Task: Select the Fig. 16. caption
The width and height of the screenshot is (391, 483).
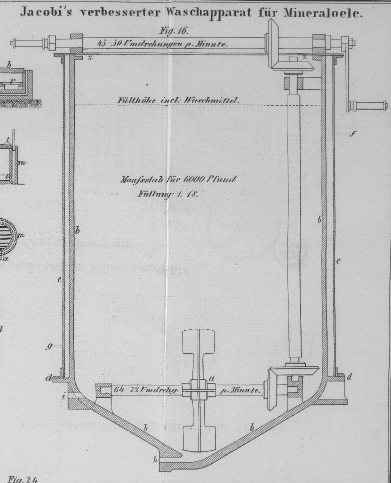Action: pos(173,31)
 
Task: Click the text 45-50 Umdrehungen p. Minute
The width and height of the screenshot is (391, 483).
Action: pos(162,44)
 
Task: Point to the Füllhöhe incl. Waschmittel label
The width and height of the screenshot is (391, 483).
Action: pos(178,100)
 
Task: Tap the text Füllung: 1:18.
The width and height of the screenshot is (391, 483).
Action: pos(168,194)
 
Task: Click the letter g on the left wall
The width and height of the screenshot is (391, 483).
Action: pos(49,345)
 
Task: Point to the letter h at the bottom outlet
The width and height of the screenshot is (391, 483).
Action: pos(155,459)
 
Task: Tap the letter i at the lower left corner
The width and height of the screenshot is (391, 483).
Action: pos(63,397)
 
